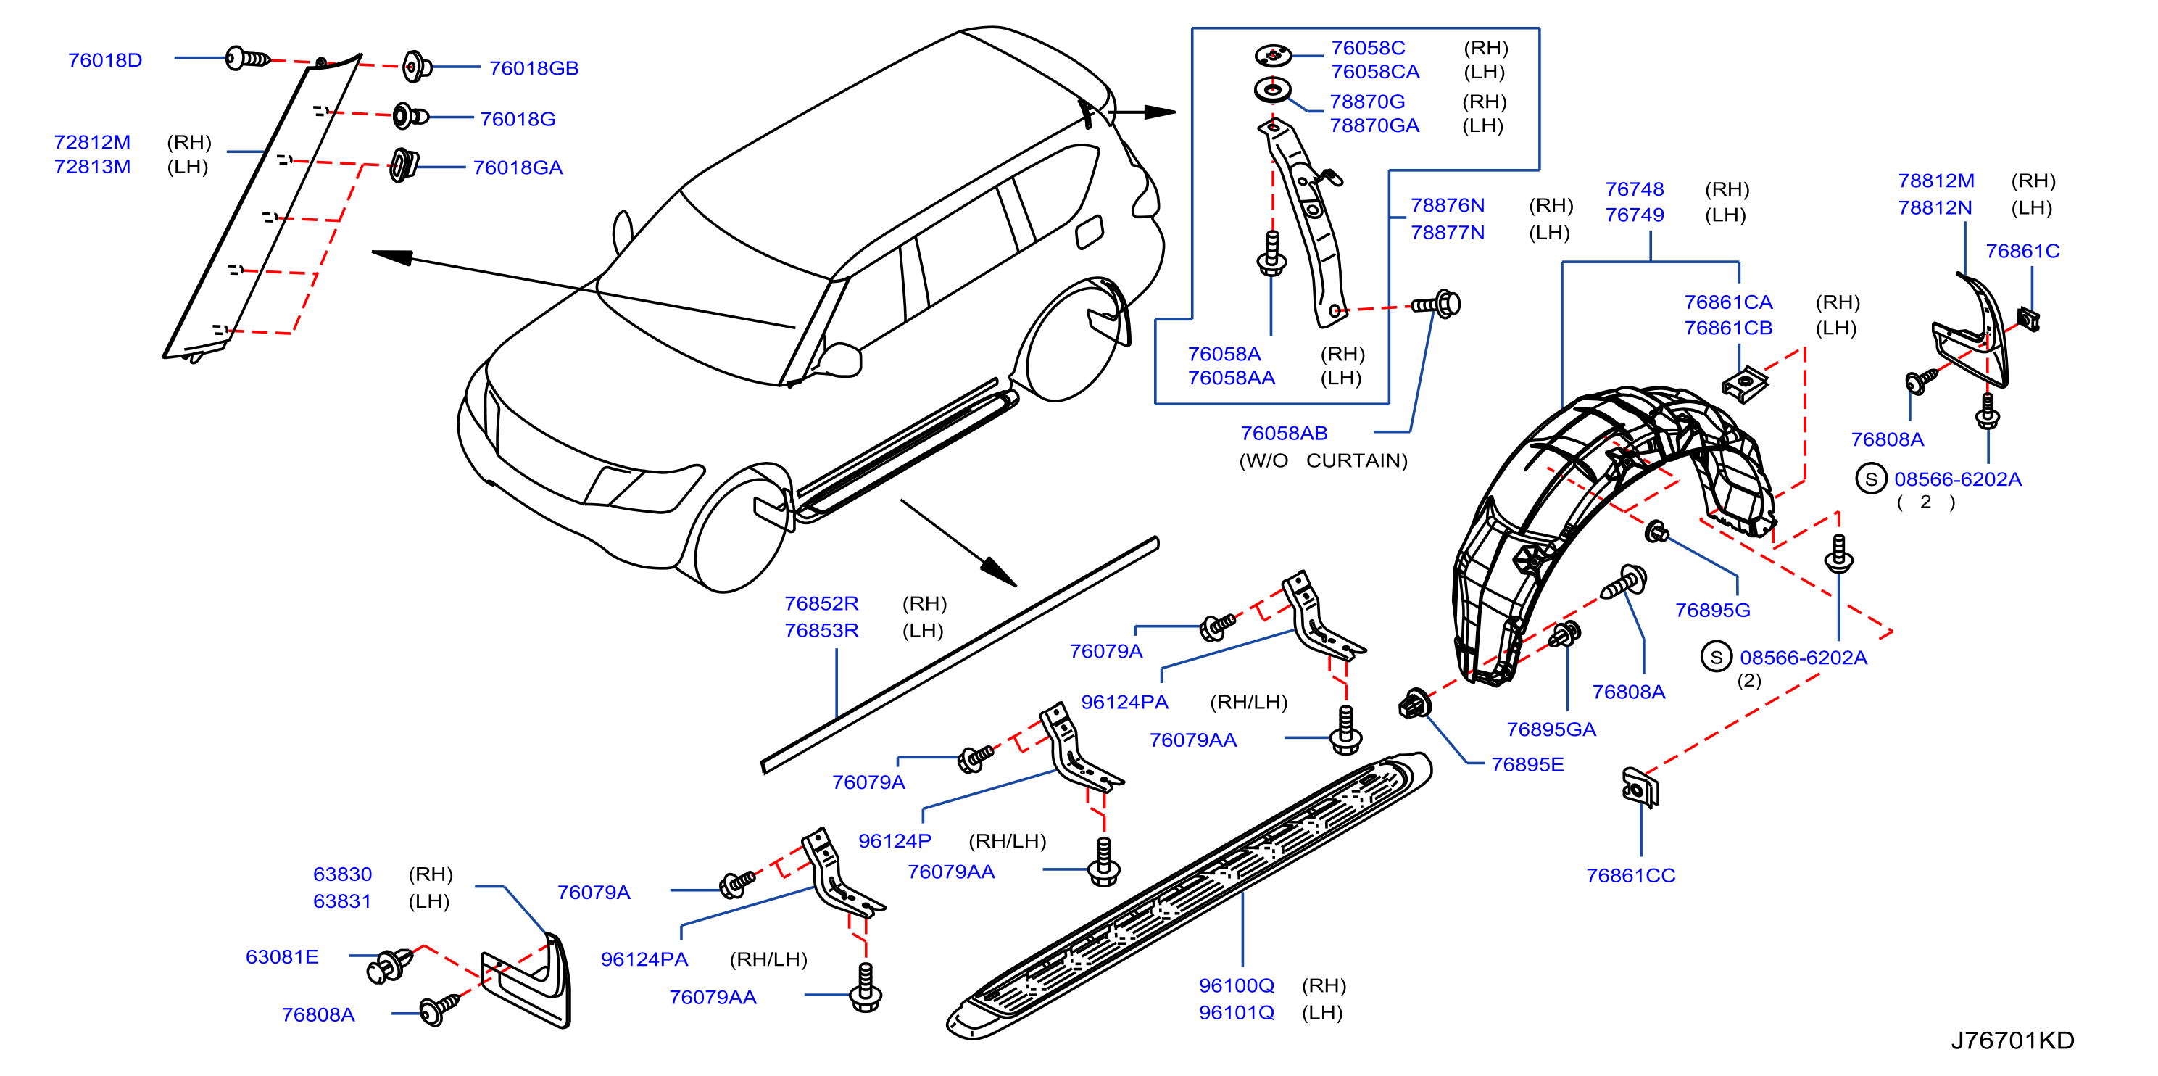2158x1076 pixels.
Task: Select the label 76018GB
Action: pos(534,68)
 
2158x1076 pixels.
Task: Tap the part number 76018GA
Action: pos(518,167)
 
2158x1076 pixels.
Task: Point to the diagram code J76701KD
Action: pos(2012,1040)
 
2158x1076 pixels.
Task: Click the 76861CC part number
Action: pos(1630,876)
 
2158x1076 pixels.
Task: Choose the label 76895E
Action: pos(1527,764)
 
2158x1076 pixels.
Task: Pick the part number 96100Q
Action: pos(1237,985)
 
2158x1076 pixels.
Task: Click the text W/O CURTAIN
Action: pos(1324,461)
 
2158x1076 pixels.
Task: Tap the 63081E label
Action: pos(282,957)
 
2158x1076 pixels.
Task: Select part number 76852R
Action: pos(822,603)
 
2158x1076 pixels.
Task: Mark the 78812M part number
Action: pos(1936,181)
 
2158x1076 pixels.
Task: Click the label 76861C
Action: pos(2022,252)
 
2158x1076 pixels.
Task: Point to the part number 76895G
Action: pos(1712,610)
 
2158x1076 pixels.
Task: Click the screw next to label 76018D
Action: pos(248,59)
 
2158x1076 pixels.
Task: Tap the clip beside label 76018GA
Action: pos(404,165)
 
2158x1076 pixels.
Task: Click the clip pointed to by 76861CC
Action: pos(1640,787)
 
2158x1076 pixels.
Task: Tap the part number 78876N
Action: pos(1448,205)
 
